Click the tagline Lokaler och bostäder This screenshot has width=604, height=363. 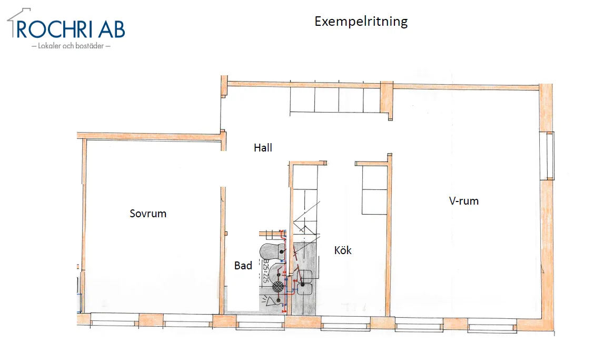[x=71, y=46]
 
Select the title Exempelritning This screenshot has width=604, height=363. [x=361, y=22]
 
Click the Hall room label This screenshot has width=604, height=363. [x=263, y=148]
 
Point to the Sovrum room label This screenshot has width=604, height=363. [x=148, y=214]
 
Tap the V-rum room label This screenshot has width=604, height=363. [x=463, y=201]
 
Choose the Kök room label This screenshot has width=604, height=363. [x=343, y=250]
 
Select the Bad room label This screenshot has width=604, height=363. [x=243, y=266]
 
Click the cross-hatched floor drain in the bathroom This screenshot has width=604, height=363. [x=278, y=287]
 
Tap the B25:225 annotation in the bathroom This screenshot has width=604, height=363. [x=266, y=271]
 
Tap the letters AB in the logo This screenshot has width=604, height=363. [x=111, y=29]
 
